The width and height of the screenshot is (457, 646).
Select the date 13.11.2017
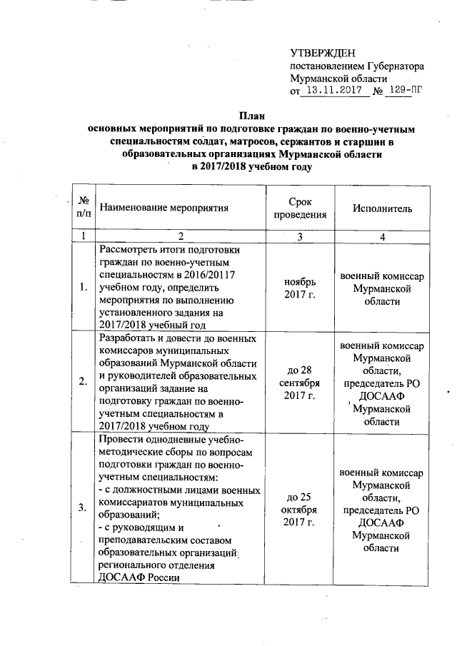pyautogui.click(x=333, y=91)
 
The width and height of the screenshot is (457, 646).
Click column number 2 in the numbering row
pyautogui.click(x=181, y=236)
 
